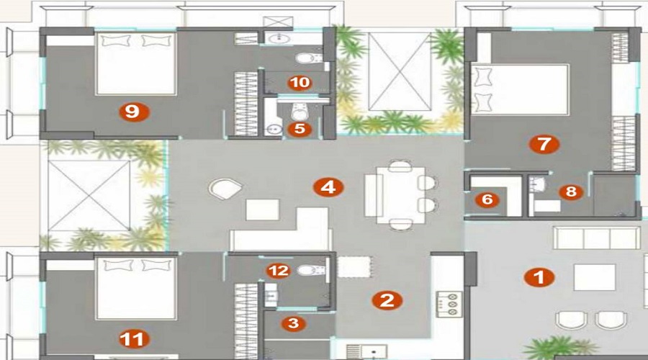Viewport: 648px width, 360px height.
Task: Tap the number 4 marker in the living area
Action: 328,188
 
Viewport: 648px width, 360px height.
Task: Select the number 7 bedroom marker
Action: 544,144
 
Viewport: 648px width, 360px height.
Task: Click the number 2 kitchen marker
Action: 387,300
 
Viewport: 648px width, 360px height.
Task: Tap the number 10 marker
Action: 299,83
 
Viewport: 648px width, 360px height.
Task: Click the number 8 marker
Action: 570,192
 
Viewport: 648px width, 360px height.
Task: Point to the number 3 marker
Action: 292,323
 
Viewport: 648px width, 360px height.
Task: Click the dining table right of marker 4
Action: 397,194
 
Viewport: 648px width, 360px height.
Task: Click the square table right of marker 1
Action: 594,277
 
